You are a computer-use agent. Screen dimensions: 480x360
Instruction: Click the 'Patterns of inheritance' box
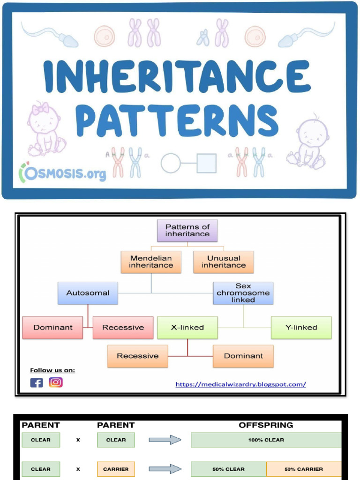[187, 231]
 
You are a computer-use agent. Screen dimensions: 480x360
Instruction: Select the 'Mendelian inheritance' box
[151, 262]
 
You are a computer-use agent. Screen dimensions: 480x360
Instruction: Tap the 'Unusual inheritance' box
[224, 262]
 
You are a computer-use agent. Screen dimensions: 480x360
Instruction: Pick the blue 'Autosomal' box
[88, 293]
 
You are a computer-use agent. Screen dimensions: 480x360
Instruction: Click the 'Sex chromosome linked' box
[243, 293]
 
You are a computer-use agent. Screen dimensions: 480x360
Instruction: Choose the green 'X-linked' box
[187, 328]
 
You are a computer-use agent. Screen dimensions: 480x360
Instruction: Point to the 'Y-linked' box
[301, 328]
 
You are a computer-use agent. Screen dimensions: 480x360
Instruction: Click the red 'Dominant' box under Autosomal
[52, 328]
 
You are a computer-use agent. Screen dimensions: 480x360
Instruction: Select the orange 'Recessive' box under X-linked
[138, 356]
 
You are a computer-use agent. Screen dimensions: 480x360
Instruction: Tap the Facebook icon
[37, 382]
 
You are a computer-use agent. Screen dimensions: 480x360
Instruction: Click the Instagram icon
[56, 382]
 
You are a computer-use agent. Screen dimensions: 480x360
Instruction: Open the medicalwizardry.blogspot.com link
[240, 384]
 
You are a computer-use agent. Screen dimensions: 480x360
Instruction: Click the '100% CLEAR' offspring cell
[266, 440]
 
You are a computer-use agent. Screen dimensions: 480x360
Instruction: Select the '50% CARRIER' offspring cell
[303, 469]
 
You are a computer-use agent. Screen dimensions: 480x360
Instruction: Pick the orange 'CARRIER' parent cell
[116, 469]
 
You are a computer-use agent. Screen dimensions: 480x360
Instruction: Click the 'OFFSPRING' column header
[266, 425]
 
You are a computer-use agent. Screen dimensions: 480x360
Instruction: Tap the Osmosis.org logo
[63, 173]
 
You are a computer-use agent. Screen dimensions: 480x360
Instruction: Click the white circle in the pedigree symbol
[171, 163]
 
